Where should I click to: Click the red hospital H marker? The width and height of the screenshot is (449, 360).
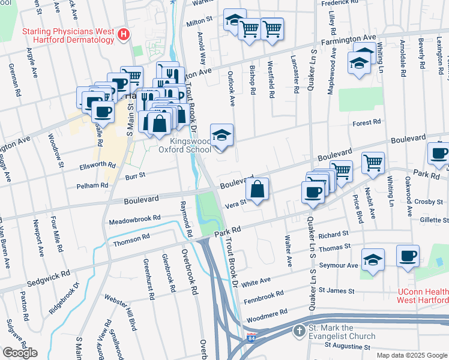(124, 34)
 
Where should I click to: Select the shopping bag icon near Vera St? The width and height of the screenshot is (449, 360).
(257, 190)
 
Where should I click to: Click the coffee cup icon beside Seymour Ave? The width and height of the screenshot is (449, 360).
(408, 256)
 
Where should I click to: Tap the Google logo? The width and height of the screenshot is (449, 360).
(20, 352)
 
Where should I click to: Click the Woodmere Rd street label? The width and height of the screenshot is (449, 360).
(266, 313)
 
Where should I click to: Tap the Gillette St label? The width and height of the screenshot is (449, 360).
(433, 220)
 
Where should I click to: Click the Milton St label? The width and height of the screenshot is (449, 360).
(200, 20)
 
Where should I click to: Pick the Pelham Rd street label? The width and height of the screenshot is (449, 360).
(92, 186)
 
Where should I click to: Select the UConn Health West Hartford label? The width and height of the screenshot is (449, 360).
(423, 295)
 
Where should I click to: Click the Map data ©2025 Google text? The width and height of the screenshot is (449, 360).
(411, 355)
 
